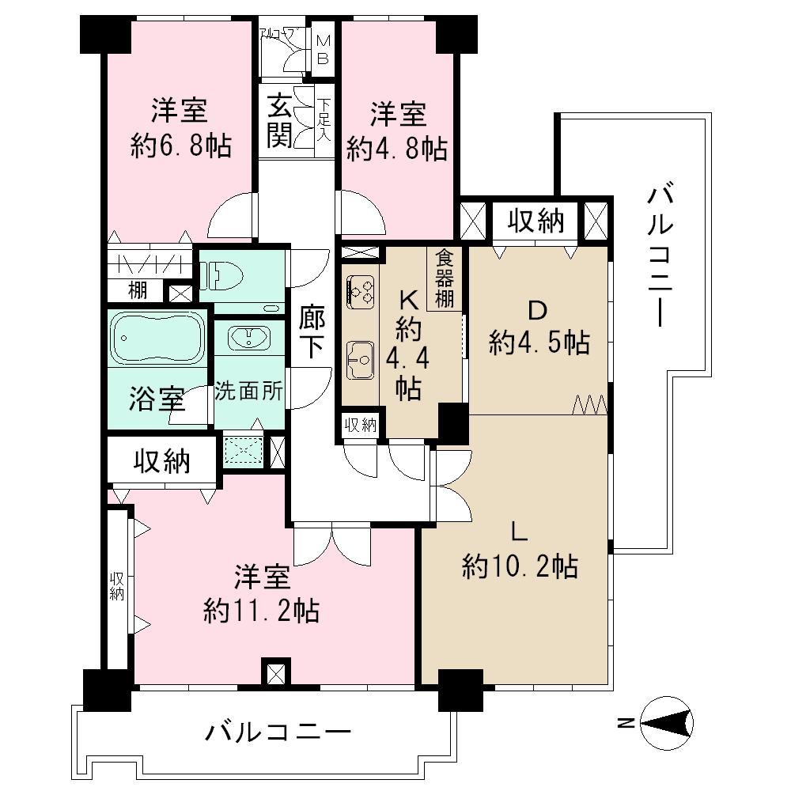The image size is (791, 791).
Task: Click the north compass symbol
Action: [x=667, y=721]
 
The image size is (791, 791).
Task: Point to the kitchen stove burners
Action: [x=360, y=291]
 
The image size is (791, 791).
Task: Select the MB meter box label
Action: [x=324, y=49]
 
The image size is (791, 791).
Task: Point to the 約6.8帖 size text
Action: [x=182, y=146]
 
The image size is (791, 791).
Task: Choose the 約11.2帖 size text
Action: [x=261, y=610]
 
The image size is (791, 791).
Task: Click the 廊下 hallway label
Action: [x=312, y=332]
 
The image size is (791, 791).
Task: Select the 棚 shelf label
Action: [x=138, y=291]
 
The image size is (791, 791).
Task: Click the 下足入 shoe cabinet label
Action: [x=324, y=119]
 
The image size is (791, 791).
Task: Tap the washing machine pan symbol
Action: [x=244, y=452]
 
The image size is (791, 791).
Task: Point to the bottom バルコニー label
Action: [x=277, y=733]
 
